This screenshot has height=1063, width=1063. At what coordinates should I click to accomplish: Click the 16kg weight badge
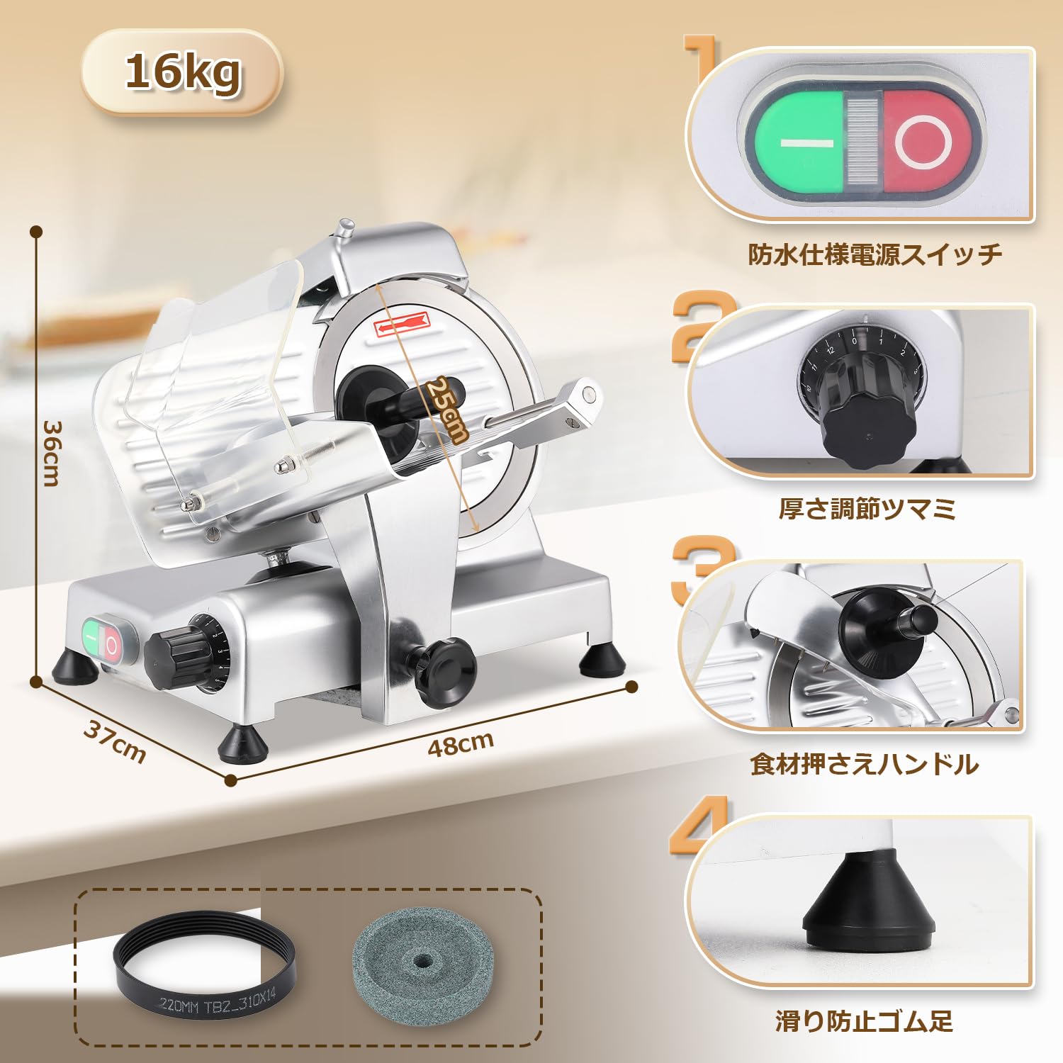coord(182,72)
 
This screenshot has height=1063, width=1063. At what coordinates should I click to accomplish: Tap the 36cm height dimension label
coord(52,454)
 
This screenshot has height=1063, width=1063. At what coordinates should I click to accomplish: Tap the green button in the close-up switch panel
coord(799,142)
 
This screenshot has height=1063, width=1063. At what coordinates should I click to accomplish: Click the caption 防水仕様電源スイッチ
coord(875,254)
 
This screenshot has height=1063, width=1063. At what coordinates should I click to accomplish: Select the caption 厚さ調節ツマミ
coord(867,509)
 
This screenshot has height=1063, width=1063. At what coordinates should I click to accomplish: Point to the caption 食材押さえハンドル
coord(865,764)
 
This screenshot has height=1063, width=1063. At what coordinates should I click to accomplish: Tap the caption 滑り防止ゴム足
coord(864,1021)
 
